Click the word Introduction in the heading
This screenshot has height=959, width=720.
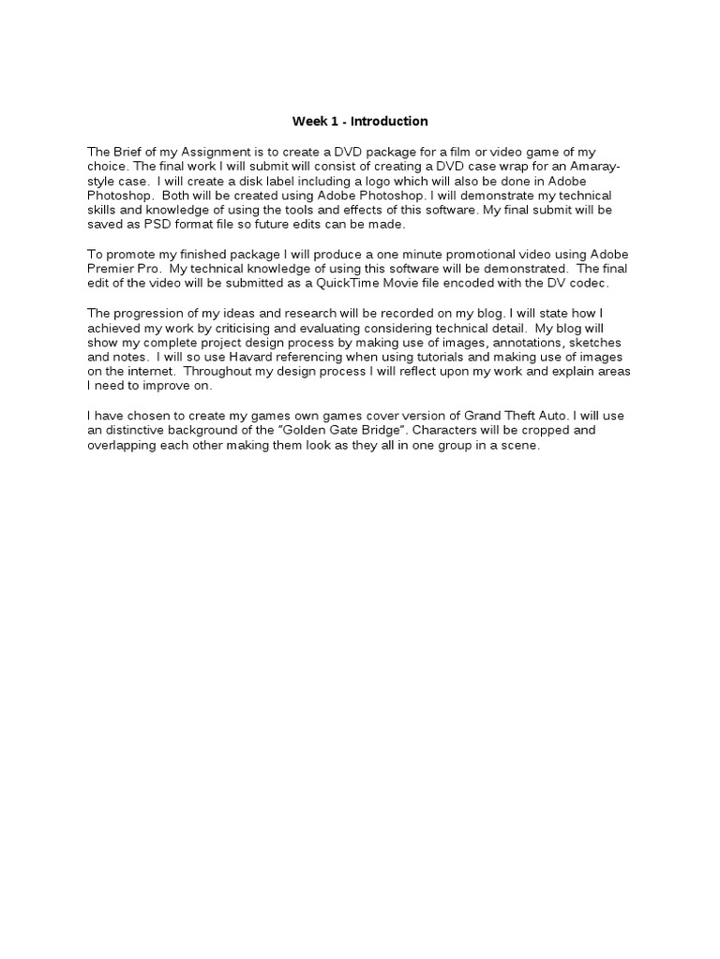pyautogui.click(x=389, y=121)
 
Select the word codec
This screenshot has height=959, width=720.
pyautogui.click(x=588, y=283)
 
